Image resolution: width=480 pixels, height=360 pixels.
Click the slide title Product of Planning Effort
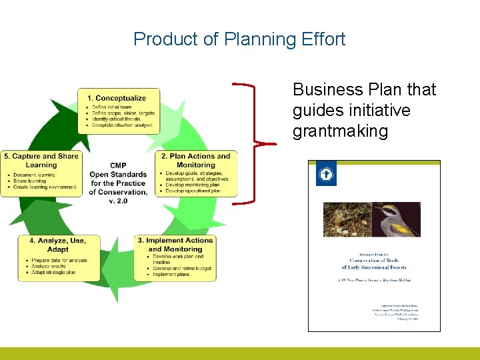(239, 39)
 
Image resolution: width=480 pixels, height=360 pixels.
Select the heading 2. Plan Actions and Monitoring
(196, 161)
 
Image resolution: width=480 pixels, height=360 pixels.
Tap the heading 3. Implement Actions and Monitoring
(175, 245)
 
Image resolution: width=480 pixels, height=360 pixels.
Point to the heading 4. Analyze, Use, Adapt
(58, 245)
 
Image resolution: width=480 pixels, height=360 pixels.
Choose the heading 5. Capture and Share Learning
(41, 161)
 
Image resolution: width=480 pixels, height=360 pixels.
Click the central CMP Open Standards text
(119, 179)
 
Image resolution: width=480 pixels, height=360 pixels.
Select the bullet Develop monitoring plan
(193, 185)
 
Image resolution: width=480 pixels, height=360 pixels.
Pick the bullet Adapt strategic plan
(53, 272)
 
